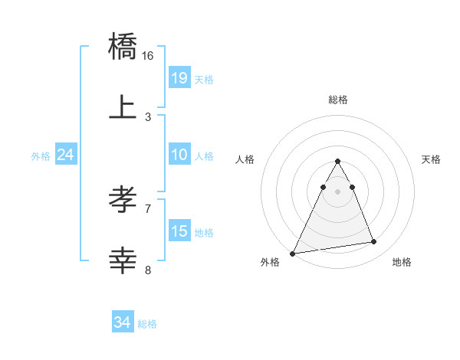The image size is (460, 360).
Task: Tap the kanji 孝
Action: (123, 201)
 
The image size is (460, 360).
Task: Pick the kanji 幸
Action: (123, 260)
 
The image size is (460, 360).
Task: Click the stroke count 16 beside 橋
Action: (148, 56)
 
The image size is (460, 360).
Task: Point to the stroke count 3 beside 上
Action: (148, 117)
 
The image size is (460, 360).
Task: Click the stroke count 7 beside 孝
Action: (148, 208)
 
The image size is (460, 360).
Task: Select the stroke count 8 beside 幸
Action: (148, 270)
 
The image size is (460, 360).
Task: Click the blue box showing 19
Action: (179, 77)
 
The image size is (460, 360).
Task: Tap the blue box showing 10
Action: (179, 155)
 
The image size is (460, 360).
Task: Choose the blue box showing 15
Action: (179, 231)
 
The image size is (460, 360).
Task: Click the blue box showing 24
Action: (66, 155)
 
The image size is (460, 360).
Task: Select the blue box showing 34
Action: (123, 322)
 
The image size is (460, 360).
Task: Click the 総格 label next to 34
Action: (147, 324)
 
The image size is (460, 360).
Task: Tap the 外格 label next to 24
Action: (41, 156)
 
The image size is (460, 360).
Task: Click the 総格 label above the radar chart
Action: (338, 100)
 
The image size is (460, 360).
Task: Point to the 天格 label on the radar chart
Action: (431, 159)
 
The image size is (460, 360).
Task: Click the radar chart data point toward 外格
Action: (293, 253)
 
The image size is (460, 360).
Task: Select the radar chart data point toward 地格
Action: (374, 242)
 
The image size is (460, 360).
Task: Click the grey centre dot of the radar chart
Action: (337, 191)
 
